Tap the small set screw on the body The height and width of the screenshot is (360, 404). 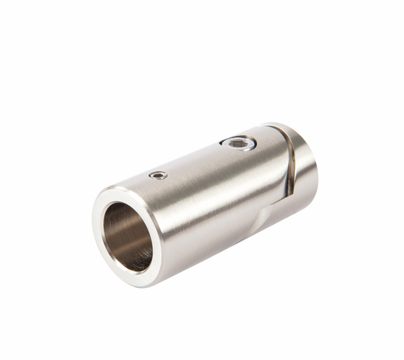158,176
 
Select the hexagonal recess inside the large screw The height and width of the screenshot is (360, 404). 238,143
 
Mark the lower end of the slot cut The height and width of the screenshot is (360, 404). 287,195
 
